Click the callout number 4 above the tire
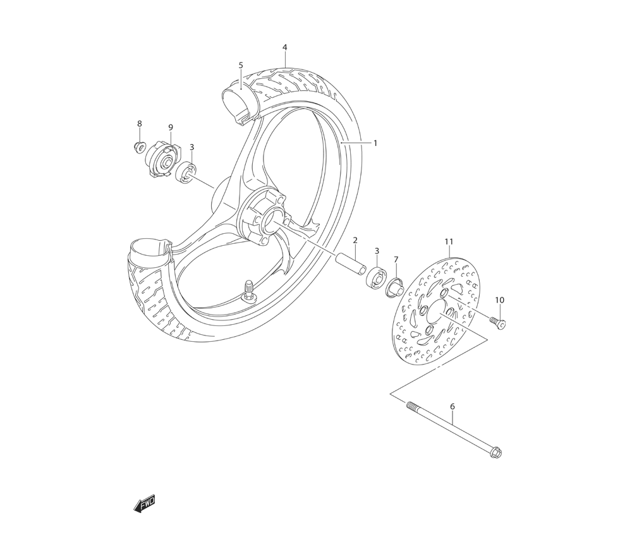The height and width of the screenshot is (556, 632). pyautogui.click(x=285, y=47)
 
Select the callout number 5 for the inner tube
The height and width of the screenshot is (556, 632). pyautogui.click(x=241, y=65)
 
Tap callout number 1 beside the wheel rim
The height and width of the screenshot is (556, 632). pyautogui.click(x=375, y=143)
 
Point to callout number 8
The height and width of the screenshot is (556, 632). pyautogui.click(x=140, y=124)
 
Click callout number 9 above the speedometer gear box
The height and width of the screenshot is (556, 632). pyautogui.click(x=171, y=128)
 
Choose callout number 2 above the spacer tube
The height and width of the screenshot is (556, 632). pyautogui.click(x=355, y=240)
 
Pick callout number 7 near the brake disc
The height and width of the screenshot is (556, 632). pyautogui.click(x=396, y=259)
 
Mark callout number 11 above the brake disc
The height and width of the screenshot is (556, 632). pyautogui.click(x=449, y=242)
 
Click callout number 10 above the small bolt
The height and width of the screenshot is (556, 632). pyautogui.click(x=499, y=300)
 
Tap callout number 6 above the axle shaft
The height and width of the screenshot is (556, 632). pyautogui.click(x=453, y=407)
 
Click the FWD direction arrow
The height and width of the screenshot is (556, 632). pyautogui.click(x=144, y=503)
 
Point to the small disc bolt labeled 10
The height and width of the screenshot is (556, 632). pyautogui.click(x=497, y=322)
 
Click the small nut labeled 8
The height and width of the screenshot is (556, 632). pyautogui.click(x=138, y=147)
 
